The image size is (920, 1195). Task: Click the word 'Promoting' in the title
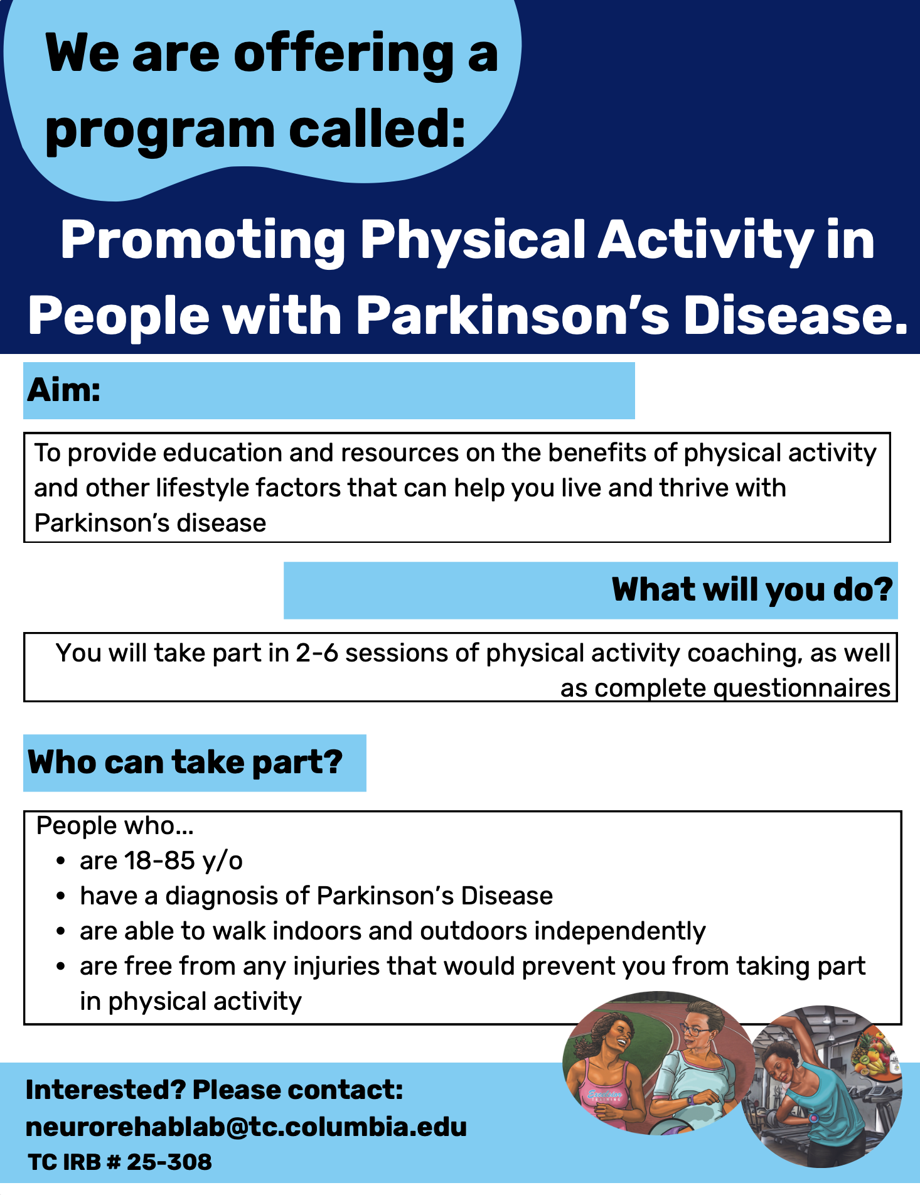pos(202,242)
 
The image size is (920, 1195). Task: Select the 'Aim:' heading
pos(64,390)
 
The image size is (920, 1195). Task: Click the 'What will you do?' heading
pos(752,590)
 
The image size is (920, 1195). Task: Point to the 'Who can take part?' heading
pos(185,763)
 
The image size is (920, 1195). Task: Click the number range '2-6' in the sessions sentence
pos(317,653)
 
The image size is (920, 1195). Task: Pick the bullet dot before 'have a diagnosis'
pos(60,897)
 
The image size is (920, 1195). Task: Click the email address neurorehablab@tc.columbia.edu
pos(246,1127)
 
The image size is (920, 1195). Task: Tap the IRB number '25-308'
pos(169,1162)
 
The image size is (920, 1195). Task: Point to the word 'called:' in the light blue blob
pos(377,129)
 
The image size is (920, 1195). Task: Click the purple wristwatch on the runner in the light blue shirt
pos(688,1099)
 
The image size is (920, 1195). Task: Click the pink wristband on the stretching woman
pos(814,1118)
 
